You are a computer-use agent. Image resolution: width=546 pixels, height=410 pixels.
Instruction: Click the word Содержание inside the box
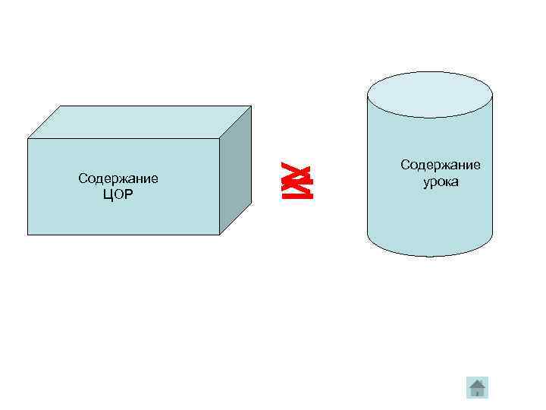coord(118,179)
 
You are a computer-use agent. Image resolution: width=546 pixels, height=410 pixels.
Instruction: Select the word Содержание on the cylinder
coord(441,165)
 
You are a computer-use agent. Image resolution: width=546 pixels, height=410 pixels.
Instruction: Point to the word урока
coord(441,182)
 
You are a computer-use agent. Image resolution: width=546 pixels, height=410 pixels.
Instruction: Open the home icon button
coord(477,388)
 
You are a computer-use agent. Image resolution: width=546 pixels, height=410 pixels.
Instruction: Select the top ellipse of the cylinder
coord(429,97)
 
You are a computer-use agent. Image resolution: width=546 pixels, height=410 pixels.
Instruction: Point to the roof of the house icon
coord(477,382)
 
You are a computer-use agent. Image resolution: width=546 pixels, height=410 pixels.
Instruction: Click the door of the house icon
coord(477,393)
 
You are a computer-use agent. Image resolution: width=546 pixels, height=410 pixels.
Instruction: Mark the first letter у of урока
coord(426,183)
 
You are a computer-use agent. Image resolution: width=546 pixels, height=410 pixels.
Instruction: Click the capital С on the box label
coord(82,179)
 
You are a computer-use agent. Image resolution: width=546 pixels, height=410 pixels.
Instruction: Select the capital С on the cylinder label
coord(404,165)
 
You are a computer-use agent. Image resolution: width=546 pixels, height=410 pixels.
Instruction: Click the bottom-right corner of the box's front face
coord(219,234)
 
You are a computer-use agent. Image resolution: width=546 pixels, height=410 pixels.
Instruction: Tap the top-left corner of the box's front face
coord(28,139)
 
